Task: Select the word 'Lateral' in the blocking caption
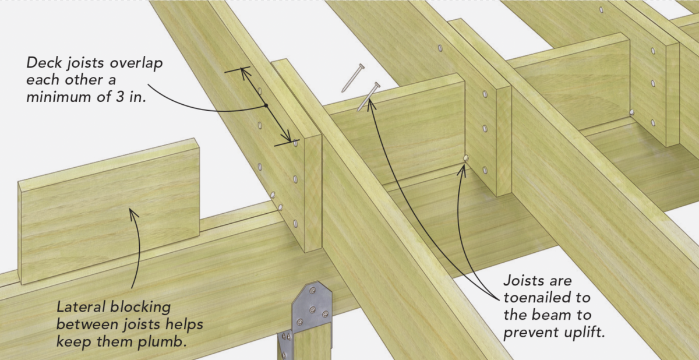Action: click(x=81, y=306)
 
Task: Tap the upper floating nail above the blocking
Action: click(x=352, y=77)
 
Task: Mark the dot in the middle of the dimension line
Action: click(x=265, y=105)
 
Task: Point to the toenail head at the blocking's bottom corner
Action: click(x=465, y=158)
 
